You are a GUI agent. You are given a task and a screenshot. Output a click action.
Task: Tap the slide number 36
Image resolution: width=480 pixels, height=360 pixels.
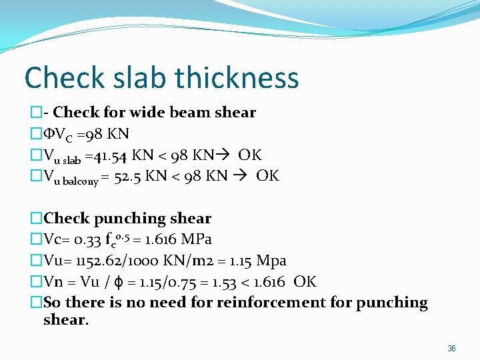[451, 349]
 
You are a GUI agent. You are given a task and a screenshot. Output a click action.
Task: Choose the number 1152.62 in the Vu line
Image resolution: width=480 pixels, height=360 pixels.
[101, 261]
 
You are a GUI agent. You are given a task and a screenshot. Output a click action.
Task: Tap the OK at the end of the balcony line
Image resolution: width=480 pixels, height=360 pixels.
[268, 176]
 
